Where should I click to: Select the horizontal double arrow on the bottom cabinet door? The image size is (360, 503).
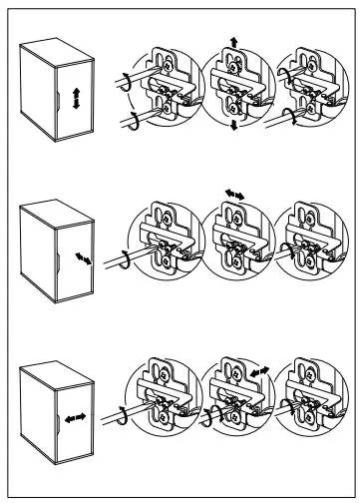72,411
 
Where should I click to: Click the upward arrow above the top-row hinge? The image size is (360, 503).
233,37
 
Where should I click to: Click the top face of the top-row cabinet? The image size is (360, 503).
55,47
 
